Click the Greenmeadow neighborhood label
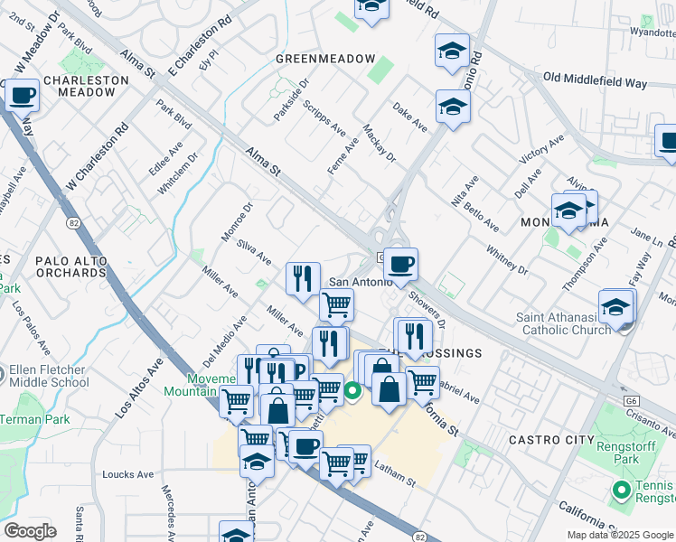pos(325,59)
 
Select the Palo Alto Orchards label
pos(71,266)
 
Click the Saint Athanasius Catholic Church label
pos(563,323)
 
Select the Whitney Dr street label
pos(507,257)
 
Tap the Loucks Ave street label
pos(127,474)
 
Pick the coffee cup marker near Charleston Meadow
pos(23,95)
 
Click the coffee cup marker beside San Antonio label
pos(400,264)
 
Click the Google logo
pos(30,531)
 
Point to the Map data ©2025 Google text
pos(619,535)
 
